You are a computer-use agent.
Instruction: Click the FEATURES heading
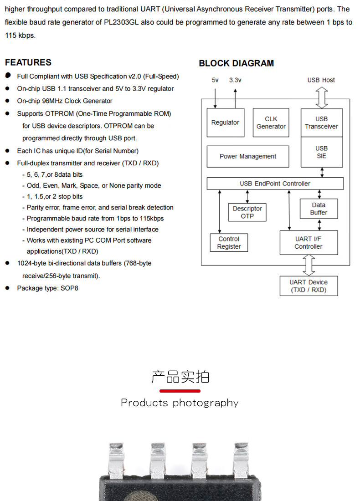point(28,62)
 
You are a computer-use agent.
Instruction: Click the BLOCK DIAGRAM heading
point(236,63)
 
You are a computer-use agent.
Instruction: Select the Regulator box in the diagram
point(225,123)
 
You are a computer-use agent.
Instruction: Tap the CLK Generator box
point(271,123)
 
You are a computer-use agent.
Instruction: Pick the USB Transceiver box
point(321,123)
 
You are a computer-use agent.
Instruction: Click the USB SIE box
point(321,152)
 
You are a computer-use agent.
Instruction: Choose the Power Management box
point(247,156)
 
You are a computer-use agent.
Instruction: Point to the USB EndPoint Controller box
point(275,184)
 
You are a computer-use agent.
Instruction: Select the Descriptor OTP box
point(247,212)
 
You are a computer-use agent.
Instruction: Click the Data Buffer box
point(319,209)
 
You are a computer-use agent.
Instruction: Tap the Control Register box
point(229,243)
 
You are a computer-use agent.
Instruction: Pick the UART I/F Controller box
point(309,243)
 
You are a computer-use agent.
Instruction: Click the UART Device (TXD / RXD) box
point(309,286)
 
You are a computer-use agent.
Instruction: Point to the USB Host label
point(321,80)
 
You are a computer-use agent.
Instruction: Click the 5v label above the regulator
point(215,80)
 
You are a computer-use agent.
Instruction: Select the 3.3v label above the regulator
point(235,80)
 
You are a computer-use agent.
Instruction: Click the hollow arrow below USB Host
point(322,97)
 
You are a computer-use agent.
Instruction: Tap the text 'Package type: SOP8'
point(47,288)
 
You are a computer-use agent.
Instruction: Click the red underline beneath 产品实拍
point(180,391)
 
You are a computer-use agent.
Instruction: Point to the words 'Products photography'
point(180,403)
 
